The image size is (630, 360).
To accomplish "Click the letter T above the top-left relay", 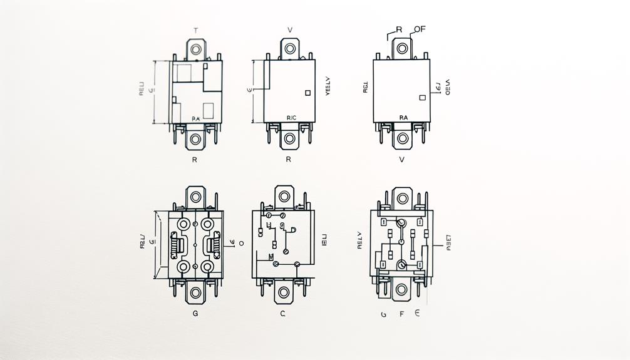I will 196,29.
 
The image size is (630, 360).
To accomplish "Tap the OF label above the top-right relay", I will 420,29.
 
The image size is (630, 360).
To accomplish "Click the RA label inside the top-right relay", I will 403,117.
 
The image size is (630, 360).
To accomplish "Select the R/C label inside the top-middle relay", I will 291,117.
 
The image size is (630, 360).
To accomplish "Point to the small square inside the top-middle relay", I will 307,93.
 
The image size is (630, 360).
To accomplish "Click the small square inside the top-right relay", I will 421,98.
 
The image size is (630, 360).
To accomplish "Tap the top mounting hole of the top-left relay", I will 196,48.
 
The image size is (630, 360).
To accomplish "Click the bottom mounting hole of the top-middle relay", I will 289,138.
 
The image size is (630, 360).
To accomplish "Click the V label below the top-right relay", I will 402,160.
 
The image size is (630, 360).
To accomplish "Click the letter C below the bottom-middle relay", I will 282,313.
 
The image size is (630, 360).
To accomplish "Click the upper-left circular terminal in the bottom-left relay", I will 184,224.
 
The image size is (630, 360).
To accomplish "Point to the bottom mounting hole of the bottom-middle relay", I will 283,292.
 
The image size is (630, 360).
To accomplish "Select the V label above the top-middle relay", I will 289,29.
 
